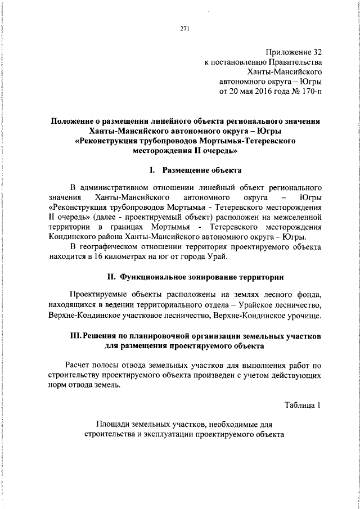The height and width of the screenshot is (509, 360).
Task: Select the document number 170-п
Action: click(x=310, y=91)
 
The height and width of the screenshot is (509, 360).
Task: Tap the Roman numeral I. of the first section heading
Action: click(x=152, y=169)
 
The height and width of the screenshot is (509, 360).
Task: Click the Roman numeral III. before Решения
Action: click(x=75, y=336)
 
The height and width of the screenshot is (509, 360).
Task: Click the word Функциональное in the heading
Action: click(x=158, y=277)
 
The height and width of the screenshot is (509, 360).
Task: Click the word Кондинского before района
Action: click(x=73, y=237)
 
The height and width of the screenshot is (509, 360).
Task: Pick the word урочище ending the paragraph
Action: click(x=304, y=316)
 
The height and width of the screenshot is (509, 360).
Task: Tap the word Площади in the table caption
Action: click(x=114, y=424)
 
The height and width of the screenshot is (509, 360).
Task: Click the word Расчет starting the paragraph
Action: click(x=80, y=364)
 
